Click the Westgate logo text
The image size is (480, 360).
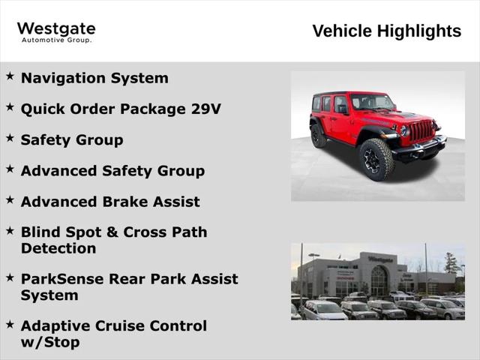(56, 28)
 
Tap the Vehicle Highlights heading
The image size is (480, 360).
(386, 31)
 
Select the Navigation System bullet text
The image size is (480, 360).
(94, 78)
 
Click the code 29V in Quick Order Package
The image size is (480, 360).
(205, 109)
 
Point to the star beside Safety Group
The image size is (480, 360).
(10, 138)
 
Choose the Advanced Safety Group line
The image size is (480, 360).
(112, 171)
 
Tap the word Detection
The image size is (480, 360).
(58, 248)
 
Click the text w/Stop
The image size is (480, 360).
(49, 343)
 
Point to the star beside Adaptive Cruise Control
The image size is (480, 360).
(10, 324)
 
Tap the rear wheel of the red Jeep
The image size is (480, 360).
(319, 136)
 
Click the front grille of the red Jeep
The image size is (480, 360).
(421, 131)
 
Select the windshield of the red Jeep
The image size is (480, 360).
(372, 103)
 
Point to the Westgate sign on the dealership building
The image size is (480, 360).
(380, 259)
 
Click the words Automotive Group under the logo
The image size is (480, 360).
(56, 40)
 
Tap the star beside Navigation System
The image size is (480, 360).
(10, 76)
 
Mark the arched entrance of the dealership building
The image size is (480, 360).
(379, 281)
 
